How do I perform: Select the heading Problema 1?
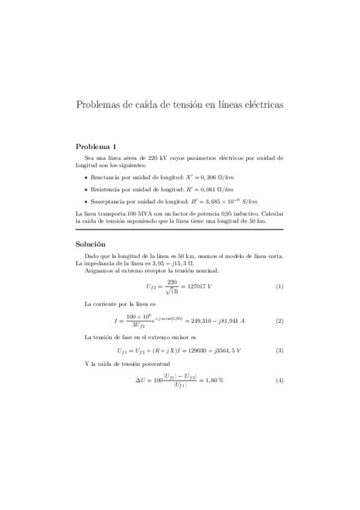coord(96,147)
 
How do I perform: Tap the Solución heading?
coord(91,244)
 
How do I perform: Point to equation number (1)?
coord(279,286)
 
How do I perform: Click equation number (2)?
coord(279,321)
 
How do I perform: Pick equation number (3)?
coord(279,350)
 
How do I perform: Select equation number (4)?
coord(279,381)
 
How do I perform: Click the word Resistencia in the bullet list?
coord(105,189)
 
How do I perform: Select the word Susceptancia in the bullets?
coord(106,201)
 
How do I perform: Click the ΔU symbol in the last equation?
coord(141,381)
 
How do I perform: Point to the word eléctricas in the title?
coord(261,105)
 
